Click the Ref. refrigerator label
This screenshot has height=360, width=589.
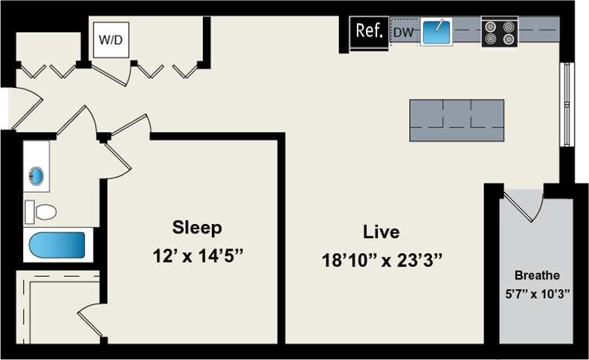coord(369,31)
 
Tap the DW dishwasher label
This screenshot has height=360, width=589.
coord(402,32)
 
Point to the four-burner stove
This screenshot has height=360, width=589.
coord(498,32)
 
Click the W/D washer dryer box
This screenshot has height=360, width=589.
coord(111,39)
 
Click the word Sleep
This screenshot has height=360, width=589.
coord(197,227)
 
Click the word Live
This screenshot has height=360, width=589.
coord(382,231)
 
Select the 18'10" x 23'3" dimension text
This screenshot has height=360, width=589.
coord(382,261)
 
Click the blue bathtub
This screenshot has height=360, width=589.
coord(57,245)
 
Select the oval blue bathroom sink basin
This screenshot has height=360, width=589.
coord(36,176)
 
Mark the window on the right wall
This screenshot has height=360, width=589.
coord(568,104)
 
